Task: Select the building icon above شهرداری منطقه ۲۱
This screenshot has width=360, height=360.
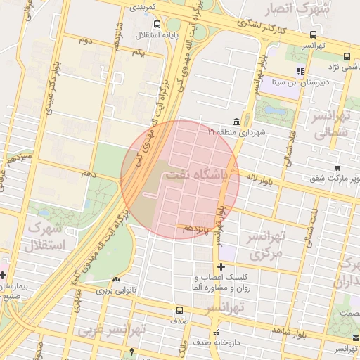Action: pyautogui.click(x=235, y=121)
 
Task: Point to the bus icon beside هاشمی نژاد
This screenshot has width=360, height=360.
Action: pyautogui.click(x=347, y=56)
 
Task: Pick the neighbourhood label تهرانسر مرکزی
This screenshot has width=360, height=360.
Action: pyautogui.click(x=266, y=243)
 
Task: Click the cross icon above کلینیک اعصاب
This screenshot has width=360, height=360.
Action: pyautogui.click(x=221, y=266)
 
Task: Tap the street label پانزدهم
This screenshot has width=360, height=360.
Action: pyautogui.click(x=198, y=229)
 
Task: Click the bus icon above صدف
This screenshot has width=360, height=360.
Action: pyautogui.click(x=180, y=310)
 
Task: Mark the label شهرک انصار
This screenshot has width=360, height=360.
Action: pyautogui.click(x=286, y=8)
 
